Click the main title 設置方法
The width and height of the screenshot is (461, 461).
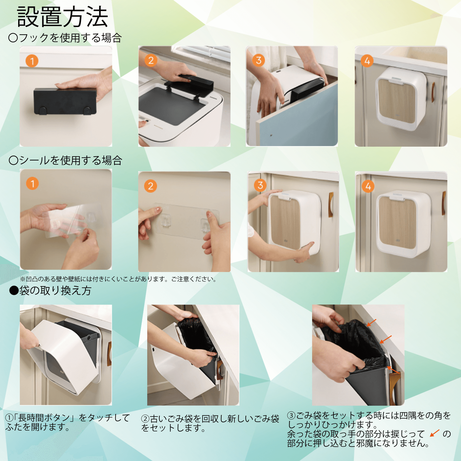click(x=63, y=17)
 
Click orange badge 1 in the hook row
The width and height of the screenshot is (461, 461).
click(x=32, y=61)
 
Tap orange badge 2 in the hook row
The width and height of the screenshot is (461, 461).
click(x=151, y=61)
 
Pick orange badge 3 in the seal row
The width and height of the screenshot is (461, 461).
click(x=260, y=185)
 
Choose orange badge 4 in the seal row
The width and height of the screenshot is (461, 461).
click(x=368, y=186)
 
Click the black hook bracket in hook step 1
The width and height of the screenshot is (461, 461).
click(x=65, y=101)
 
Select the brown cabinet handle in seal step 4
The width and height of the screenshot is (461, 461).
click(x=444, y=203)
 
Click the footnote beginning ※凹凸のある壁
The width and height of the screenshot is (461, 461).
click(x=118, y=279)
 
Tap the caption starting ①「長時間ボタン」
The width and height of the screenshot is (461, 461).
click(x=68, y=422)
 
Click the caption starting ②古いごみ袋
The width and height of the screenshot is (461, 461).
click(x=210, y=423)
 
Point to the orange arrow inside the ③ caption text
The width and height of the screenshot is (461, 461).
click(x=434, y=433)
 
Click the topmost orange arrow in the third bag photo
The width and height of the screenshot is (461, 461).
click(x=371, y=322)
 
